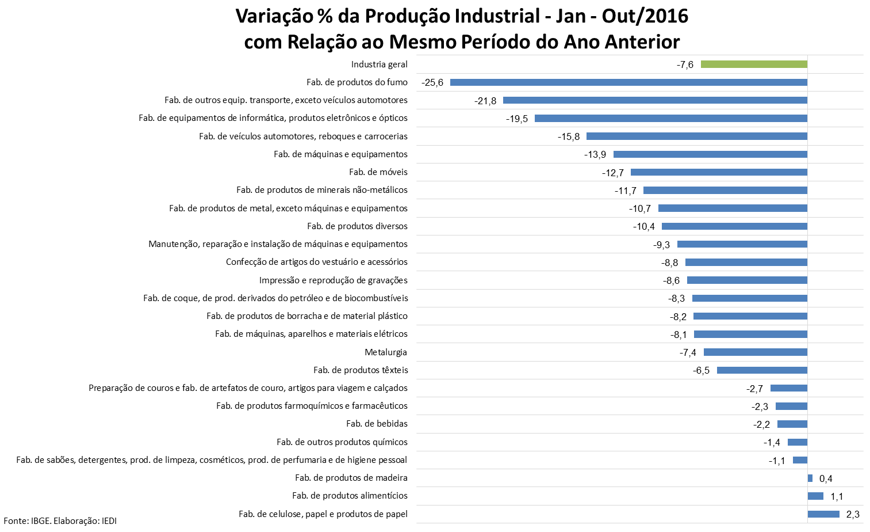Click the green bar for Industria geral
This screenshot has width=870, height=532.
753,64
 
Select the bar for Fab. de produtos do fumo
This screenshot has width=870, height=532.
628,82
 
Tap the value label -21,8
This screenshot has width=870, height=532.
485,101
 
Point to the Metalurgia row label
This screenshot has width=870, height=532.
386,352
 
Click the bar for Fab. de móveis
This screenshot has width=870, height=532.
719,172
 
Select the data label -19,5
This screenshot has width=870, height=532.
517,119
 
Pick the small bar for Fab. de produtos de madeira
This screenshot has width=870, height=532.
810,478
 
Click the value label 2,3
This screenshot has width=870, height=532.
853,514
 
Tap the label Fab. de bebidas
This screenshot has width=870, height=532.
377,424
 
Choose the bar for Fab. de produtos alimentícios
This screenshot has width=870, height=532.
815,496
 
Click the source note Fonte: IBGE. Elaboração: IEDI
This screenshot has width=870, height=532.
60,520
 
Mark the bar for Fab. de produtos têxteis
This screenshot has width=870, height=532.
762,370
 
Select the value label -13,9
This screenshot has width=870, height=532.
595,154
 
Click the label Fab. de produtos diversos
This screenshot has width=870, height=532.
357,226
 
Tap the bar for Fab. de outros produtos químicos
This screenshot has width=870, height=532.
798,442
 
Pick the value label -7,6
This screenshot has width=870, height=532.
685,64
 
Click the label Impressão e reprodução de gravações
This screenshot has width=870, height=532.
334,280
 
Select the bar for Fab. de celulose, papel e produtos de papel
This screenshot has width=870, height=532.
823,514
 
